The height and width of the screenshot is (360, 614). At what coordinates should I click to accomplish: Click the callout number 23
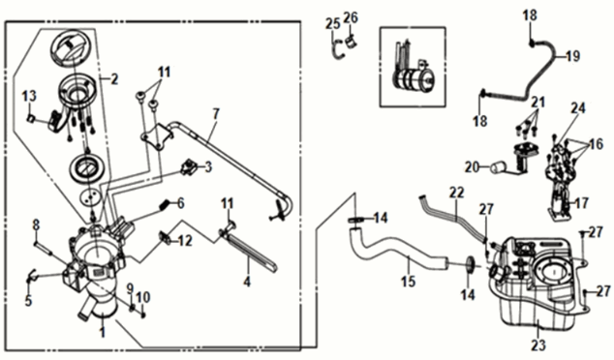[x=537, y=345]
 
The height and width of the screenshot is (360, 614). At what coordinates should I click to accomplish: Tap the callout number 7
[x=216, y=114]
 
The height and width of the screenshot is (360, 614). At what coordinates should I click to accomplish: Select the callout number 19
[x=572, y=56]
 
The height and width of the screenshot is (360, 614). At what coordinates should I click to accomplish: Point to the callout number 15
[x=408, y=281]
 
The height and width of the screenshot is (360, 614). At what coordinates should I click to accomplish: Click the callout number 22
[x=456, y=193]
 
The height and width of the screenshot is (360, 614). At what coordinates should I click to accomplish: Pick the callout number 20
[x=473, y=167]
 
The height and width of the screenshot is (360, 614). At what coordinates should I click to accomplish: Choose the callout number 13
[x=29, y=96]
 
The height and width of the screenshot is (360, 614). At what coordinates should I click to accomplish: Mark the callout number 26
[x=351, y=17]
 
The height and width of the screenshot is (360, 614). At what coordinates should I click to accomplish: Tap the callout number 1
[x=103, y=333]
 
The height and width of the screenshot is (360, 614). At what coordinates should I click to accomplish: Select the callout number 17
[x=582, y=203]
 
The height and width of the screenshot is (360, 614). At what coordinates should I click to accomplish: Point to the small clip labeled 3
[x=189, y=167]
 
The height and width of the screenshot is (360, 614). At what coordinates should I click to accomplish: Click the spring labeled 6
[x=167, y=205]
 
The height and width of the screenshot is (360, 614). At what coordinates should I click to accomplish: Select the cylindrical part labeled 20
[x=497, y=167]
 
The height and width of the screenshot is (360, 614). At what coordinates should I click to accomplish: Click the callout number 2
[x=114, y=79]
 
